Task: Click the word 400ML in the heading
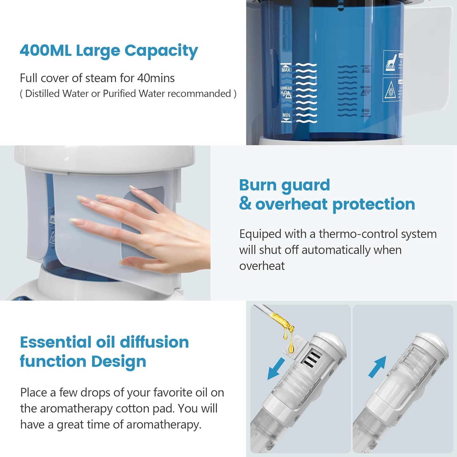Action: pyautogui.click(x=46, y=51)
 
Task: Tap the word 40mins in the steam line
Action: pyautogui.click(x=156, y=78)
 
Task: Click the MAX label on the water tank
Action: pyautogui.click(x=286, y=70)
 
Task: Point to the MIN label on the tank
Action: pyautogui.click(x=286, y=115)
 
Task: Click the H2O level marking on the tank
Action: pyautogui.click(x=286, y=92)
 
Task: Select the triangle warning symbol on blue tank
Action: pyautogui.click(x=390, y=90)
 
